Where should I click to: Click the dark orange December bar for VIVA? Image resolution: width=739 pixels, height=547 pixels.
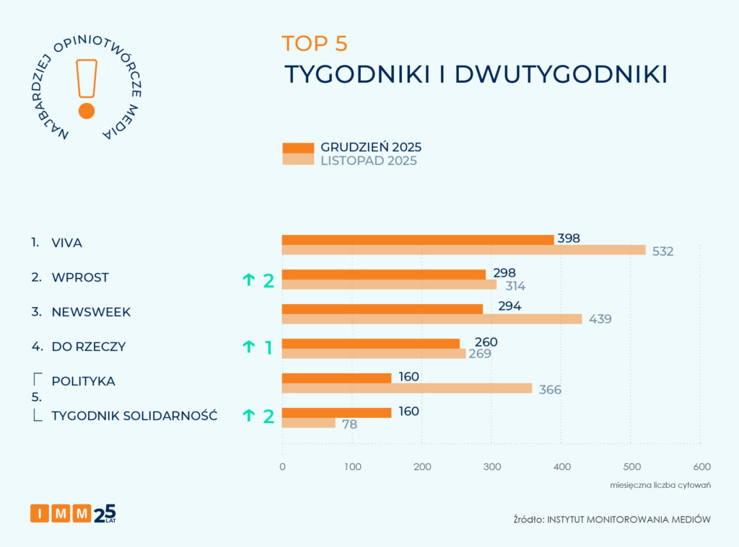[417, 240]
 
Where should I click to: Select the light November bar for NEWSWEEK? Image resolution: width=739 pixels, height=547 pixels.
[432, 319]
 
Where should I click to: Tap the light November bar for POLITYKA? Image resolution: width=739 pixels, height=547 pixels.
[406, 388]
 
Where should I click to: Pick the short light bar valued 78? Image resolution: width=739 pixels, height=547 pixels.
[308, 423]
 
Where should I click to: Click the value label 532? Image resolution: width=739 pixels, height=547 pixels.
[662, 252]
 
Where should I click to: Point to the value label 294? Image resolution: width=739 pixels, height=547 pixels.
[510, 306]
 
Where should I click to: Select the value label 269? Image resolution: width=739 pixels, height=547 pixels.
[480, 354]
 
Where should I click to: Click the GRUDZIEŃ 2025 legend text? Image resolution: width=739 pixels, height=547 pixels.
[371, 147]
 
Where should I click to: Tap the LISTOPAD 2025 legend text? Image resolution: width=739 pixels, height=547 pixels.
[369, 161]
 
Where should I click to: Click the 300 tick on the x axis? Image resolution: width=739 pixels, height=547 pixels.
[491, 467]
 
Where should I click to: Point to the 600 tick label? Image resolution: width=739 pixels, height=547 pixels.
[701, 467]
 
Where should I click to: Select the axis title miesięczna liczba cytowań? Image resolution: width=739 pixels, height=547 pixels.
[660, 485]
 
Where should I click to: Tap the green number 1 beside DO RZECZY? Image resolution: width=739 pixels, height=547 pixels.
[268, 348]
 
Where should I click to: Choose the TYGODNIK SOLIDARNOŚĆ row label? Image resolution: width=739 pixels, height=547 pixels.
[134, 416]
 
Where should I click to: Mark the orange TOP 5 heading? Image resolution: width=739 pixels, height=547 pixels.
[315, 43]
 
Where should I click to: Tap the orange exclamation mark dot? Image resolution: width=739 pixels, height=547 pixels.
[87, 111]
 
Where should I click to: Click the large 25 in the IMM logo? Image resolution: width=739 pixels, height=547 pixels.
[105, 512]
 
